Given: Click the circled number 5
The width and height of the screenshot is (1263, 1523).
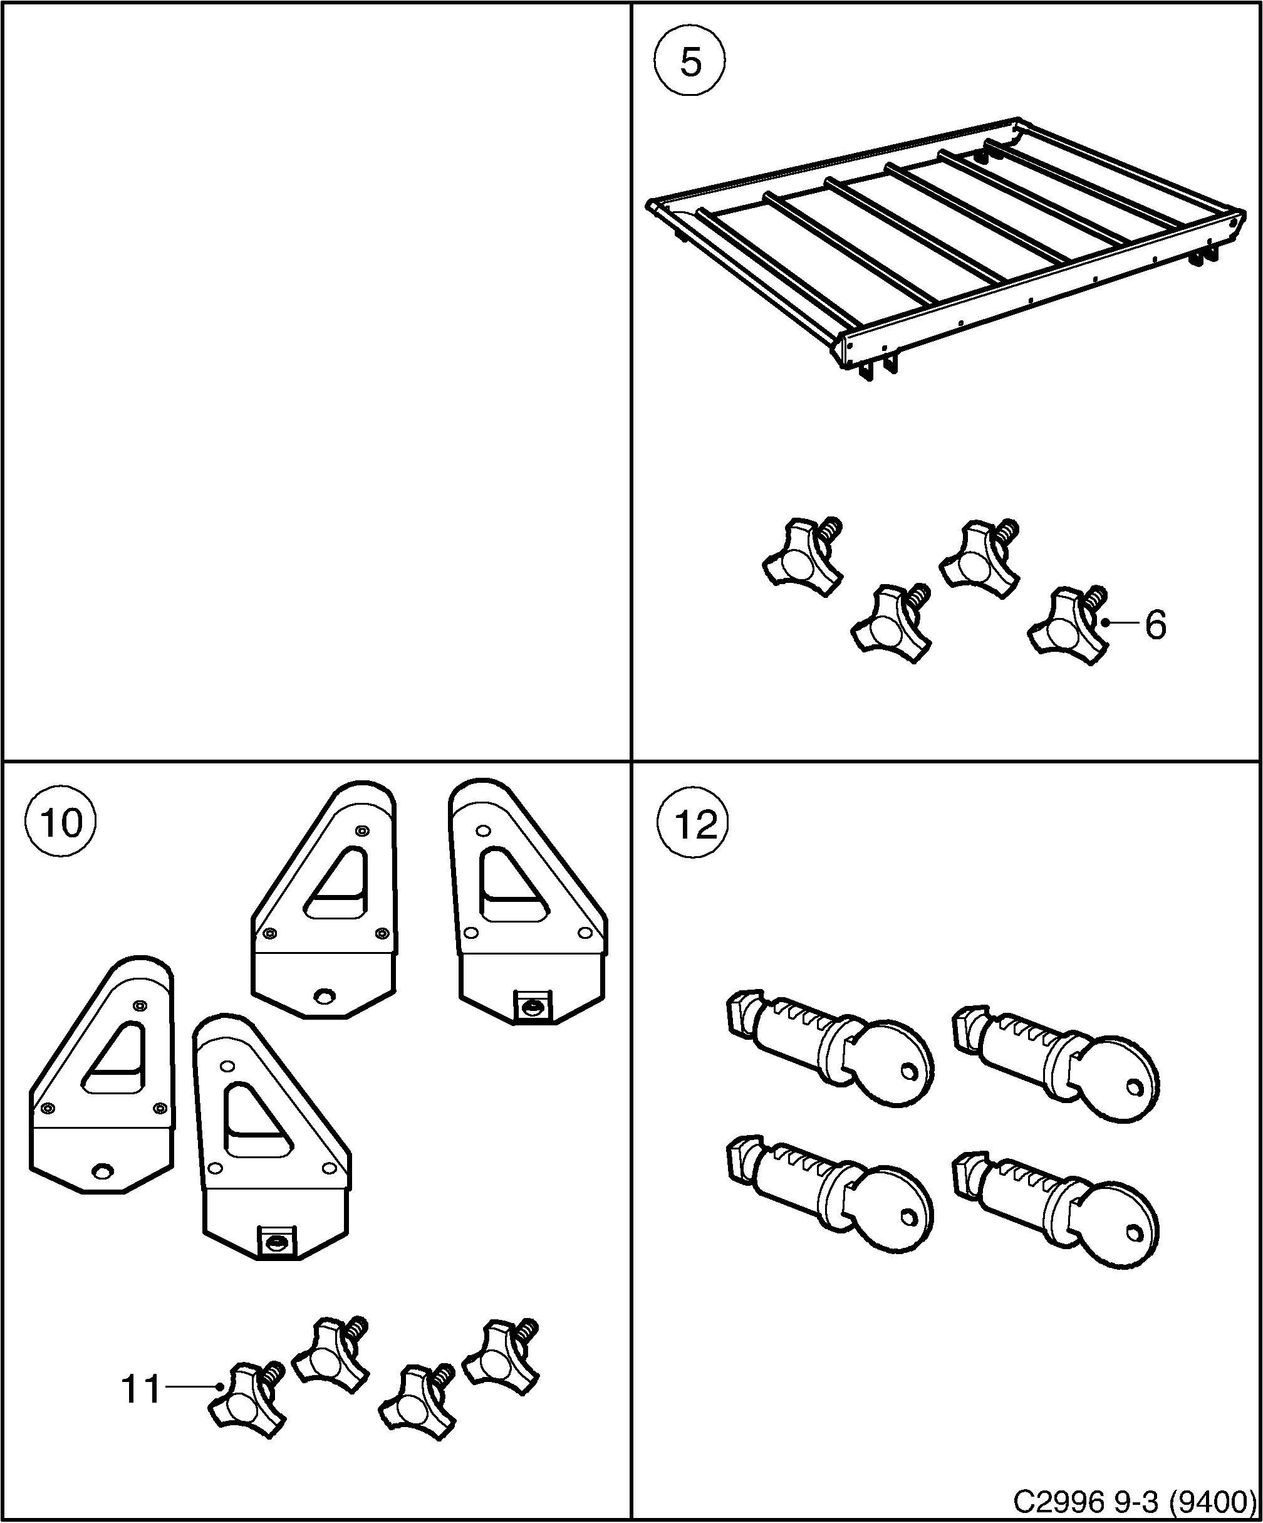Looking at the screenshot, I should tap(690, 64).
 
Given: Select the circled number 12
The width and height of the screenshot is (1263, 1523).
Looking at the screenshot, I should tap(695, 823).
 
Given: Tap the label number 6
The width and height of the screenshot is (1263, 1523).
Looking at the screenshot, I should tap(1155, 624).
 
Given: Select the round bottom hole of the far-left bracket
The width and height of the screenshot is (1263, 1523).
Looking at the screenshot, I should tap(103, 1171).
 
